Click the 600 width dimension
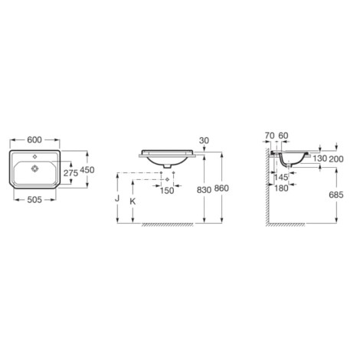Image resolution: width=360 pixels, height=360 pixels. tap(34, 140)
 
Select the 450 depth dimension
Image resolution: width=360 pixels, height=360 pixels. tap(87, 170)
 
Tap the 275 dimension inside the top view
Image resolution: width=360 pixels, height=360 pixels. tap(70, 173)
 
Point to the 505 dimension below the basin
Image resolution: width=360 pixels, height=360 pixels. tap(34, 200)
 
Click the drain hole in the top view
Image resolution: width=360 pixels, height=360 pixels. tap(34, 169)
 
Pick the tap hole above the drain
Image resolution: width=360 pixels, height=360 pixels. tap(35, 157)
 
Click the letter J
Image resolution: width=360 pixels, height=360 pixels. tap(117, 198)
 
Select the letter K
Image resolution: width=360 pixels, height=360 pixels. tap(133, 201)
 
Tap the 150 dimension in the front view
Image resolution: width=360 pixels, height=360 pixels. tap(167, 191)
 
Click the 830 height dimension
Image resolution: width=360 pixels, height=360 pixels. tap(204, 190)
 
